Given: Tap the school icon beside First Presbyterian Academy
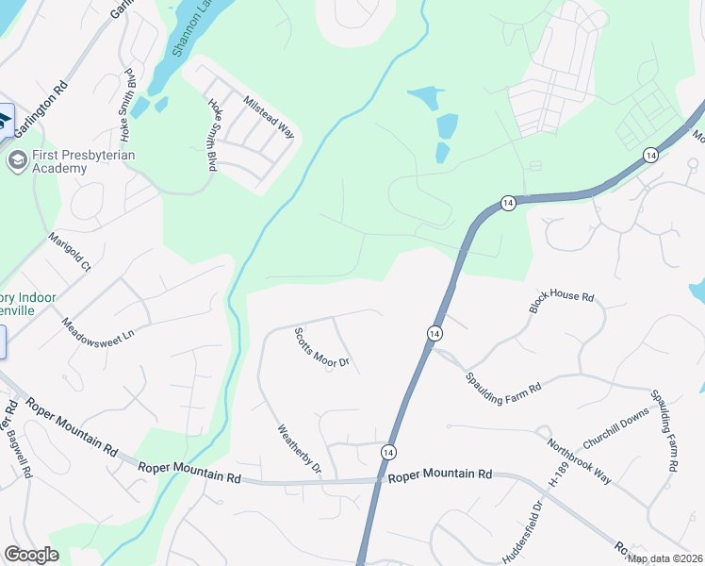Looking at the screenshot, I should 16,160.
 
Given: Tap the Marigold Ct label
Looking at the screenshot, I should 70,254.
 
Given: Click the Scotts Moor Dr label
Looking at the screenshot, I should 321,348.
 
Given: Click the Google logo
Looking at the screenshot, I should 31,555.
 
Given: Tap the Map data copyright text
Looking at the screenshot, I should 664,558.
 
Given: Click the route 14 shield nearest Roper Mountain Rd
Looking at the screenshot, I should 388,453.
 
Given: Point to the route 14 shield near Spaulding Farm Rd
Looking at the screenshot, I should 434,334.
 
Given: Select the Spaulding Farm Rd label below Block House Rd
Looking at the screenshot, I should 502,383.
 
